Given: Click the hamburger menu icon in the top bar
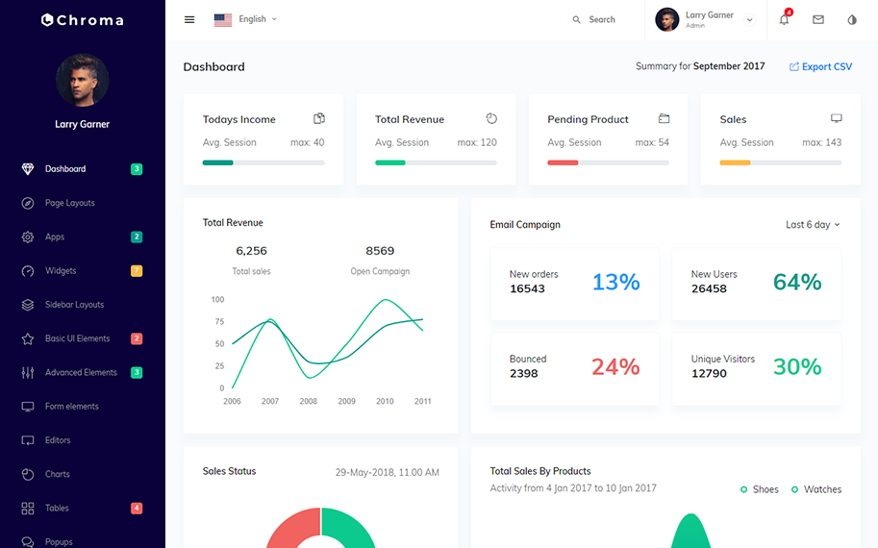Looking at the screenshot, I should coord(189,19).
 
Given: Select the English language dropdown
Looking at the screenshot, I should coord(246,19).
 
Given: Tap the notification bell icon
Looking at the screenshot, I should coord(784,19).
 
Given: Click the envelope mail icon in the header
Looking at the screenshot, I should coord(818,19).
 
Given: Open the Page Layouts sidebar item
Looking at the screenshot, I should coord(69,203).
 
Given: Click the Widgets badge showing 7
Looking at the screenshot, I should coord(137,271).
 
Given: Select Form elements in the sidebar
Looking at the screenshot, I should coord(71,407).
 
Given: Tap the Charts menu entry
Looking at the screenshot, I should coord(57,474).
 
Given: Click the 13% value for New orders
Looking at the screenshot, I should coord(615,282).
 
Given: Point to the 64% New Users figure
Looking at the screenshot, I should coord(797,282).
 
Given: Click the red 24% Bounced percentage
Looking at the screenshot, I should coord(615,366).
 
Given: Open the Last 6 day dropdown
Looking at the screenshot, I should coord(813,225).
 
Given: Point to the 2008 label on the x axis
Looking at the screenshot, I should coord(308,402).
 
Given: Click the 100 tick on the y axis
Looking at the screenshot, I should coord(217,300).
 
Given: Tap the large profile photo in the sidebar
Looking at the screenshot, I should coord(82,80).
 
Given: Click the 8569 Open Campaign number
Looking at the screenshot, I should coord(380,251).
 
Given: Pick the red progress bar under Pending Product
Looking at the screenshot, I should coord(563,162).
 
